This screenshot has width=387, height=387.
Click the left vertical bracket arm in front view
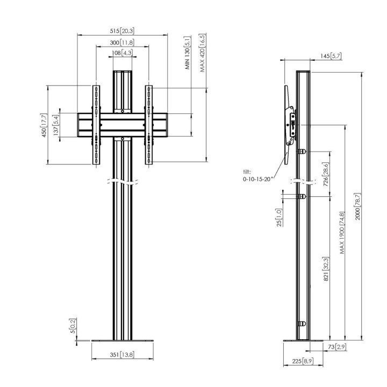(x=96, y=125)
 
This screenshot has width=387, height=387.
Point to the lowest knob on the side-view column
(x=302, y=324)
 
